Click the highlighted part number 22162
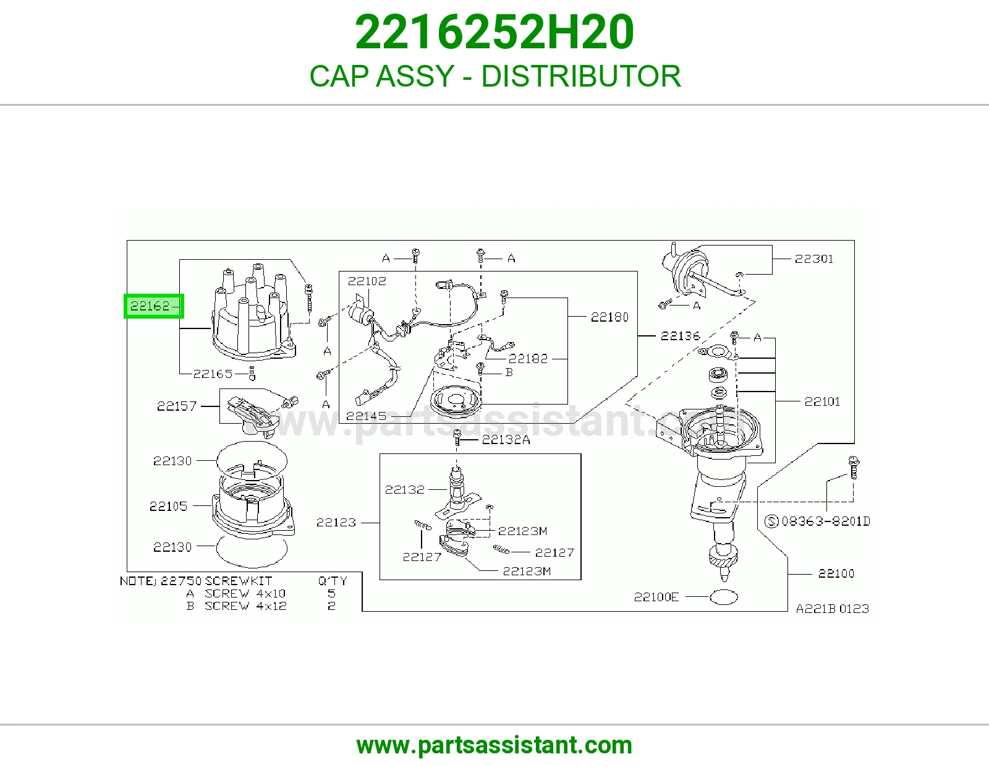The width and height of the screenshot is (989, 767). pos(150,306)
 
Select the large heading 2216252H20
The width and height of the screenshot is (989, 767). pos(494,32)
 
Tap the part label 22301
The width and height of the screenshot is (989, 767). pos(814,259)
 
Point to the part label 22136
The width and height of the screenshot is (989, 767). pos(680,336)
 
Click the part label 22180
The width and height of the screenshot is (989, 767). pos(609,317)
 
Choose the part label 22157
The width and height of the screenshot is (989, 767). pos(177,406)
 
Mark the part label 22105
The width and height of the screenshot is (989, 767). pos(168,506)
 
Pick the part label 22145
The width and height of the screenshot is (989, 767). pos(366,416)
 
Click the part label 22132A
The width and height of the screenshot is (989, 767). pos(506,440)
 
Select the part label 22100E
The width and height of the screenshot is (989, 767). pos(656,597)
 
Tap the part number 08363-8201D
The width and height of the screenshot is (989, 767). pos(826,521)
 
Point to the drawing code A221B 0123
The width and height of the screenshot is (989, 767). pos(833,609)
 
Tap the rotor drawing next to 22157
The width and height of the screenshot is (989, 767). pos(252,416)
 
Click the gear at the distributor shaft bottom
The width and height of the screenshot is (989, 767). pos(724,557)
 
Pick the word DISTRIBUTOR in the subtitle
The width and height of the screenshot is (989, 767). pos(581,76)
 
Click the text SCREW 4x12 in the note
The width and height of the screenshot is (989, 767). pos(245,606)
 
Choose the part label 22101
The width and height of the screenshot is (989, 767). pos(822,401)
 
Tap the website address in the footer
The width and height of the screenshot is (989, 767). pos(494,745)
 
